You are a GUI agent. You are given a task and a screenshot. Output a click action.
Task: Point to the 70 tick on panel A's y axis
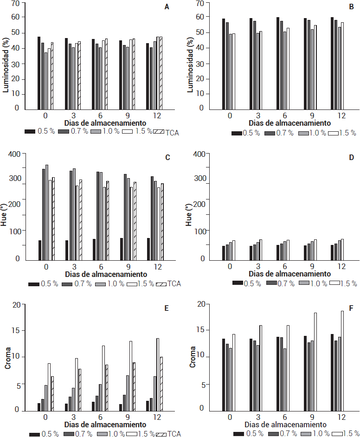click(x=16, y=4)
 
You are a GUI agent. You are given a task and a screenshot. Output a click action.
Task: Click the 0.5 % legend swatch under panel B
click(x=237, y=133)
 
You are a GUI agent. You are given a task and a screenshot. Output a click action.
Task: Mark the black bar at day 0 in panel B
click(x=224, y=63)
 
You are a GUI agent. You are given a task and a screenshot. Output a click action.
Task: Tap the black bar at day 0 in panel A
click(x=39, y=72)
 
